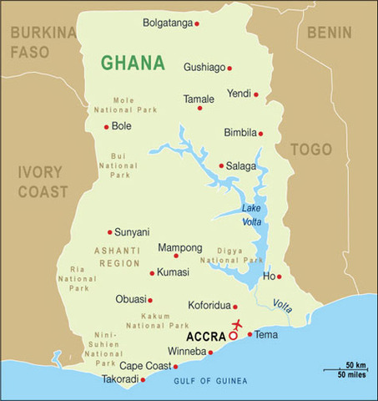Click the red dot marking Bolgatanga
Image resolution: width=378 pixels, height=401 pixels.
point(197,23)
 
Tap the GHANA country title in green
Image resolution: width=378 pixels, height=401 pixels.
point(133,63)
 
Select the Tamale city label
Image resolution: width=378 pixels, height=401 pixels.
point(199,99)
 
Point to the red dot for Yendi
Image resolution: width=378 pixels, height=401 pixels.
point(256,94)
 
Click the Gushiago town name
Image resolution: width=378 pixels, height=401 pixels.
point(204,67)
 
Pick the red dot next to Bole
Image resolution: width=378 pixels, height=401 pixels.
point(106,127)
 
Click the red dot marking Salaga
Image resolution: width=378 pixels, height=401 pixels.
point(221,165)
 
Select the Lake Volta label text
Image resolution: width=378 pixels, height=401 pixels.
point(253,215)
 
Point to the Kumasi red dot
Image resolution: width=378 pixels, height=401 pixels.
point(152,273)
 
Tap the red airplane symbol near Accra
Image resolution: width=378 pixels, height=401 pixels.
point(238,323)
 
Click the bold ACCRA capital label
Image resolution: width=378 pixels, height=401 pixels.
point(205,337)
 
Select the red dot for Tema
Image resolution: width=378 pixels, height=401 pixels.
point(249,334)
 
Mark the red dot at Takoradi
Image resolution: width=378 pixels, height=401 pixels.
point(143,380)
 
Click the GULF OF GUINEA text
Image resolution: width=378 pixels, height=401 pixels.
point(210,381)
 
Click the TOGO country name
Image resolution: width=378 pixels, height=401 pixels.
point(310,150)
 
